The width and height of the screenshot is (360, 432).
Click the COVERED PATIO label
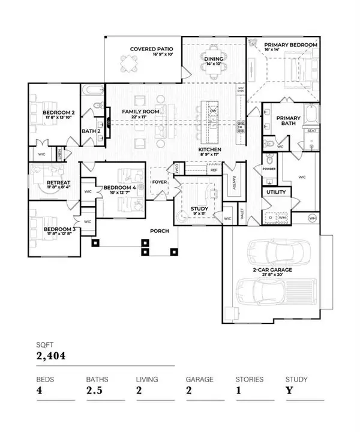pos(152,49)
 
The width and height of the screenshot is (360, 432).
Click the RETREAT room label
pos(48,183)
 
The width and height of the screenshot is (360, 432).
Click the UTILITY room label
pos(275,193)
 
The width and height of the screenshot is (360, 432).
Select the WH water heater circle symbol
pos(312,217)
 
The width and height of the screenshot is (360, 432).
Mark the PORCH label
pos(160,230)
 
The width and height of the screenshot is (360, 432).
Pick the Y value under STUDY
pos(289,393)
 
